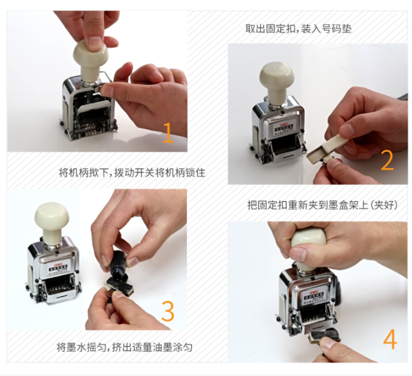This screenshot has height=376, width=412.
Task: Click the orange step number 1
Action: pyautogui.click(x=168, y=133)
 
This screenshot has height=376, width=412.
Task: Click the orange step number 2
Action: pyautogui.click(x=387, y=160)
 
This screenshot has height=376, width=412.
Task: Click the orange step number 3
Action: pyautogui.click(x=168, y=311)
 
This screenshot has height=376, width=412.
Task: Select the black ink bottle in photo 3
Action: pyautogui.click(x=120, y=265)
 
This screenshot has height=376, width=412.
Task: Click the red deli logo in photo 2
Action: pyautogui.click(x=284, y=123)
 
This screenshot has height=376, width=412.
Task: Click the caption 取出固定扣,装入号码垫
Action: pyautogui.click(x=298, y=29)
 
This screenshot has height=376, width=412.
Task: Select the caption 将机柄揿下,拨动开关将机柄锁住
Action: pyautogui.click(x=132, y=173)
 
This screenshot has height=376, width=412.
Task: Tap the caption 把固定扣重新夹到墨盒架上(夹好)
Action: pyautogui.click(x=322, y=205)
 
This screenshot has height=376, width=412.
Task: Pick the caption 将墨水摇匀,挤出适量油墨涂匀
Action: pyautogui.click(x=124, y=347)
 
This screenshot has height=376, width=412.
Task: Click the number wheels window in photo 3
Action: pyautogui.click(x=60, y=288)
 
